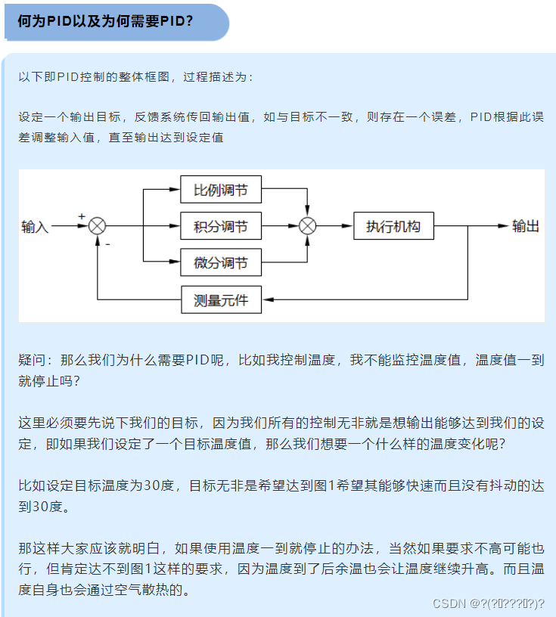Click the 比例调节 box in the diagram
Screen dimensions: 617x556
pos(220,190)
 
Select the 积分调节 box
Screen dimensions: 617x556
pos(220,226)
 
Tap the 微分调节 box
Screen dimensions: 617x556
pos(220,262)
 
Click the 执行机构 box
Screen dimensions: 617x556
pos(393,226)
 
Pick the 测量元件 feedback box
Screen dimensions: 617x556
pos(220,300)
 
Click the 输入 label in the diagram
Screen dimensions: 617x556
pos(35,227)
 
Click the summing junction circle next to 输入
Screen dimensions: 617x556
pos(98,226)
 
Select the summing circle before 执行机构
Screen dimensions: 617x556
pos(307,226)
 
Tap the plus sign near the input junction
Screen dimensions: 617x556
pos(82,216)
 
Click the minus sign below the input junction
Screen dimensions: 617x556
pos(107,244)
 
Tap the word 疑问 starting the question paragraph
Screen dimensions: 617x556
pos(32,360)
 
